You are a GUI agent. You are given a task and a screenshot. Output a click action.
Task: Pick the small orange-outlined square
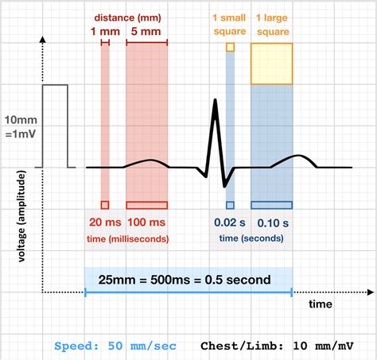click(231, 48)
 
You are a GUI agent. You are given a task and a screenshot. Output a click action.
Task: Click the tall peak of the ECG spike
click(214, 101)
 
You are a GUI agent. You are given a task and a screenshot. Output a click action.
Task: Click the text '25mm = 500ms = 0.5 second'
click(188, 280)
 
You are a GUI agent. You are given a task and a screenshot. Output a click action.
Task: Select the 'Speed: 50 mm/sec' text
click(116, 346)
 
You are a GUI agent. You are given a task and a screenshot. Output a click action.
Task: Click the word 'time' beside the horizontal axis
click(321, 304)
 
